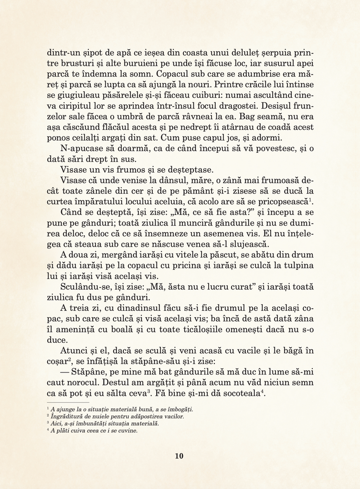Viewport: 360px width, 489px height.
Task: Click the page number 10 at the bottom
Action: [x=179, y=456]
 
